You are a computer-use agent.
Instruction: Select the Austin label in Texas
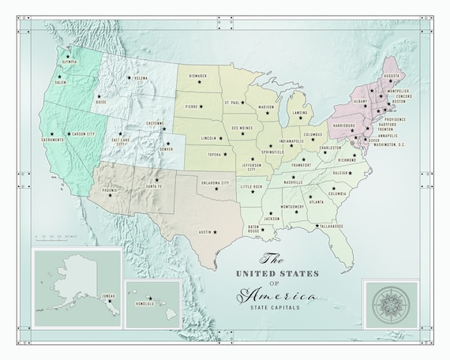pyautogui.click(x=205, y=232)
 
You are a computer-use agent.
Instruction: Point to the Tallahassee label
pyautogui.click(x=330, y=227)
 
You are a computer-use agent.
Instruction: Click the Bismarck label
pyautogui.click(x=197, y=77)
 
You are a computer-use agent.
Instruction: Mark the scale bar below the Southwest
pyautogui.click(x=55, y=238)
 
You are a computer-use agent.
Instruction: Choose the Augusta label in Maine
pyautogui.click(x=392, y=76)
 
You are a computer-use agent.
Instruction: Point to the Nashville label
pyautogui.click(x=293, y=182)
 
